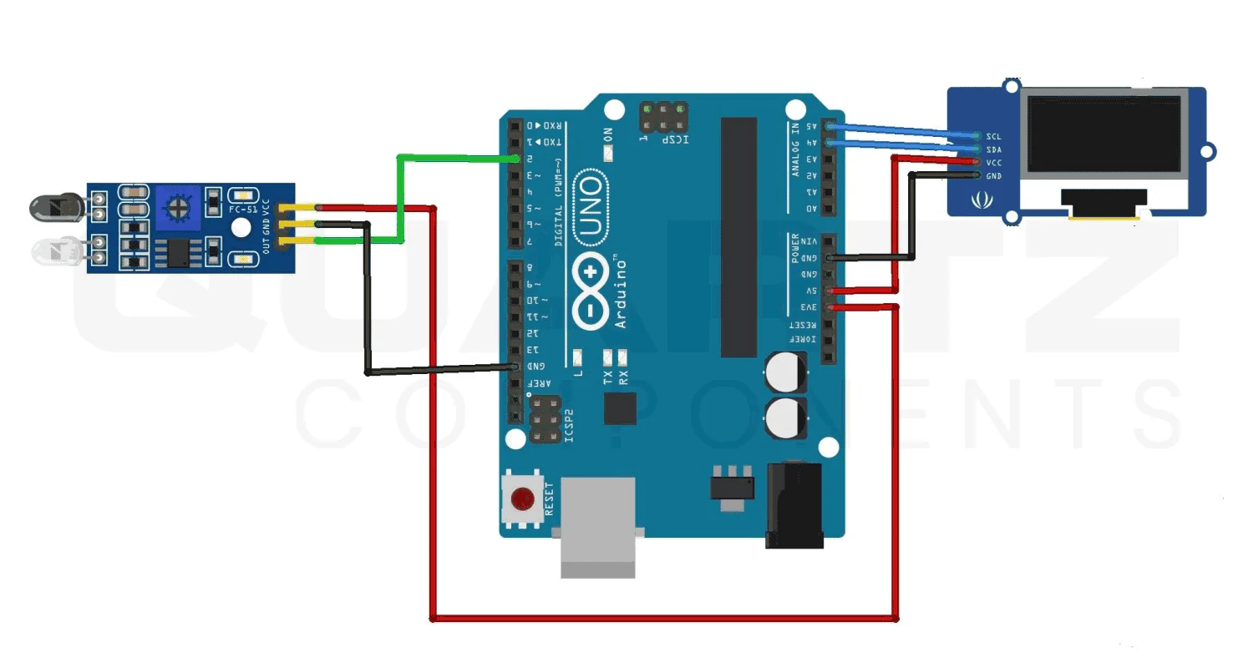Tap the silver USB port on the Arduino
pos(598,526)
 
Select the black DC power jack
pos(794,505)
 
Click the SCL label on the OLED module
pos(993,136)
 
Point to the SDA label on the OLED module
pos(993,149)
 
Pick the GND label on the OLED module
pos(993,176)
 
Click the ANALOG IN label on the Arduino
pos(795,149)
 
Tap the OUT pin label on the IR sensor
pos(266,245)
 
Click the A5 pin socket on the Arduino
pos(829,127)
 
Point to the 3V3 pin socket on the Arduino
pos(829,307)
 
